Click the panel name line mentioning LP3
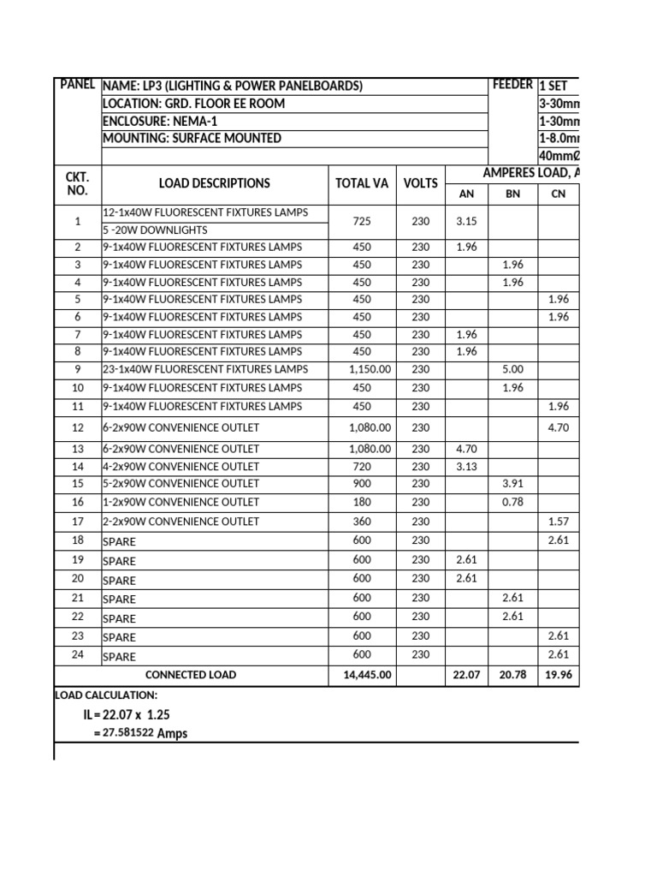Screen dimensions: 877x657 (x=232, y=86)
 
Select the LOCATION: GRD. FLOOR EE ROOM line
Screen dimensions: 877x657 (x=193, y=104)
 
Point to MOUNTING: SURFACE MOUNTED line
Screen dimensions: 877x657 (x=192, y=138)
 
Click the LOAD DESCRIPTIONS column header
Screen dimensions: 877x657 (x=214, y=183)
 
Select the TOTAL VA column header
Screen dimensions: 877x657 (x=361, y=183)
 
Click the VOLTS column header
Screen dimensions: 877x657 (x=420, y=183)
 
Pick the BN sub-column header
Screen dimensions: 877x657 (x=512, y=194)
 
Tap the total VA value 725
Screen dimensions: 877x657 (x=361, y=221)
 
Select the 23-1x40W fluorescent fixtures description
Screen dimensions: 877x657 (x=204, y=370)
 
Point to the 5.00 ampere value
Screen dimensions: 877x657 (x=512, y=370)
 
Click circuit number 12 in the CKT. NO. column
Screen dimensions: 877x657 (x=78, y=427)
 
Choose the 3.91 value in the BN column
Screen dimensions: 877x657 (x=512, y=484)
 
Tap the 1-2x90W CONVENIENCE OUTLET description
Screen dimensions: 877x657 (x=181, y=502)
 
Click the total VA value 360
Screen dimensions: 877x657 (x=361, y=522)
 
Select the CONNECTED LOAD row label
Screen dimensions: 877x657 (x=191, y=675)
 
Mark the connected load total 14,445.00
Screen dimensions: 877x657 (x=361, y=675)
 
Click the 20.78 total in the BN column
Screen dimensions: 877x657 (x=512, y=675)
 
